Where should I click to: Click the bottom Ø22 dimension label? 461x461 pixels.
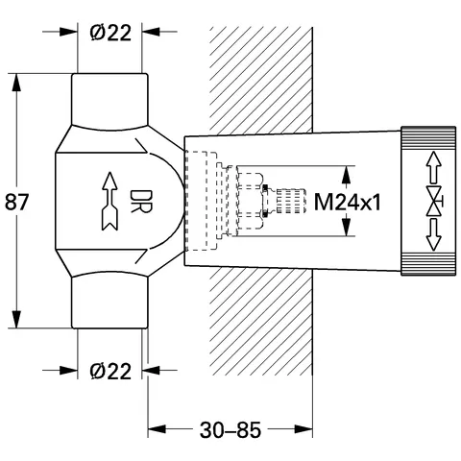coord(110,369)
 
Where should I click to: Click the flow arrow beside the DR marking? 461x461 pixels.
coord(110,202)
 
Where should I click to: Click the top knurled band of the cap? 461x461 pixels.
coord(430,135)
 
